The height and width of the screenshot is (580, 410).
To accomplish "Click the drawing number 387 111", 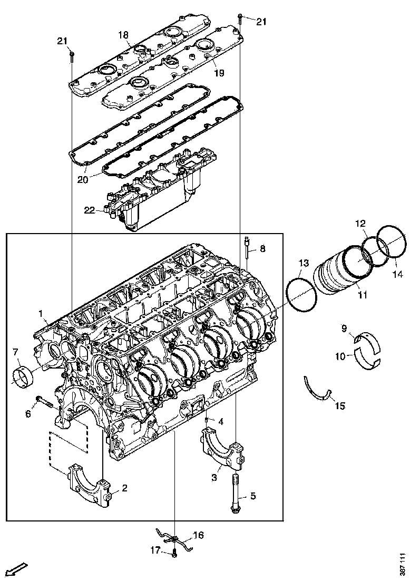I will [403, 564].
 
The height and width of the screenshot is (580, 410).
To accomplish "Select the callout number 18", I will [123, 35].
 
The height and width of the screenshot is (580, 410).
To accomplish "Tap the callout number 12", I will [359, 224].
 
